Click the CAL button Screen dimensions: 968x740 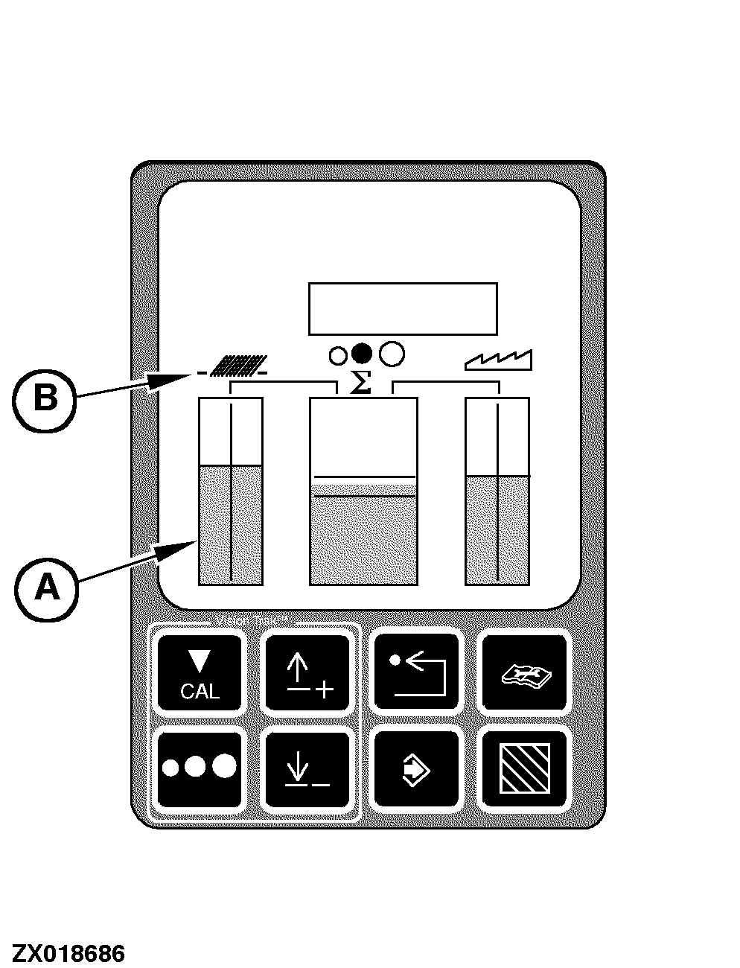click(200, 672)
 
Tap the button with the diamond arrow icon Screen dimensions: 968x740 click(416, 769)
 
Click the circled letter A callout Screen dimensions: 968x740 click(46, 589)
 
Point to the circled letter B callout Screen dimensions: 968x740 click(45, 399)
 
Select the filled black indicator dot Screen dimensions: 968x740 click(362, 354)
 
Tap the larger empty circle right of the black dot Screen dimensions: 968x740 click(392, 354)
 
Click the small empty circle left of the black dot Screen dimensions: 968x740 click(338, 355)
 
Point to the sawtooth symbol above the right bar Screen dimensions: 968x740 click(499, 360)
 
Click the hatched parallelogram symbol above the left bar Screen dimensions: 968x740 click(237, 366)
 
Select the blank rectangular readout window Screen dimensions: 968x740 click(403, 308)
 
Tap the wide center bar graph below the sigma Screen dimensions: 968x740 click(363, 491)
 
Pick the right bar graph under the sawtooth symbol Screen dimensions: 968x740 click(497, 491)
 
